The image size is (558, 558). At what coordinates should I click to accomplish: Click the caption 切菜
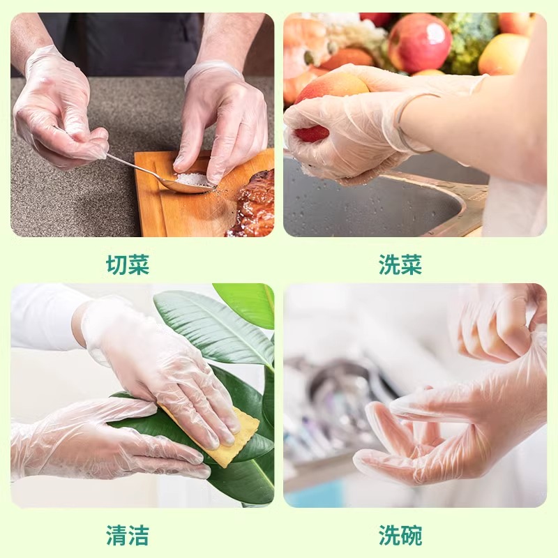click(128, 264)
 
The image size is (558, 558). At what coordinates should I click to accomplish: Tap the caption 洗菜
click(400, 264)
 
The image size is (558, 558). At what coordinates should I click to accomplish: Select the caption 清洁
click(128, 535)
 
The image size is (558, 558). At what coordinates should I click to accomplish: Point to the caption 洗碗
click(400, 535)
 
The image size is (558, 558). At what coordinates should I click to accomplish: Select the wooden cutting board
click(193, 199)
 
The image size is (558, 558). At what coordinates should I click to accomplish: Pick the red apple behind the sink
click(419, 43)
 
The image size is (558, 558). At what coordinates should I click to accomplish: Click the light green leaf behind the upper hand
click(213, 329)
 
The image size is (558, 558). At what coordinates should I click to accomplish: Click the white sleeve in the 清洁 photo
click(46, 317)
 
